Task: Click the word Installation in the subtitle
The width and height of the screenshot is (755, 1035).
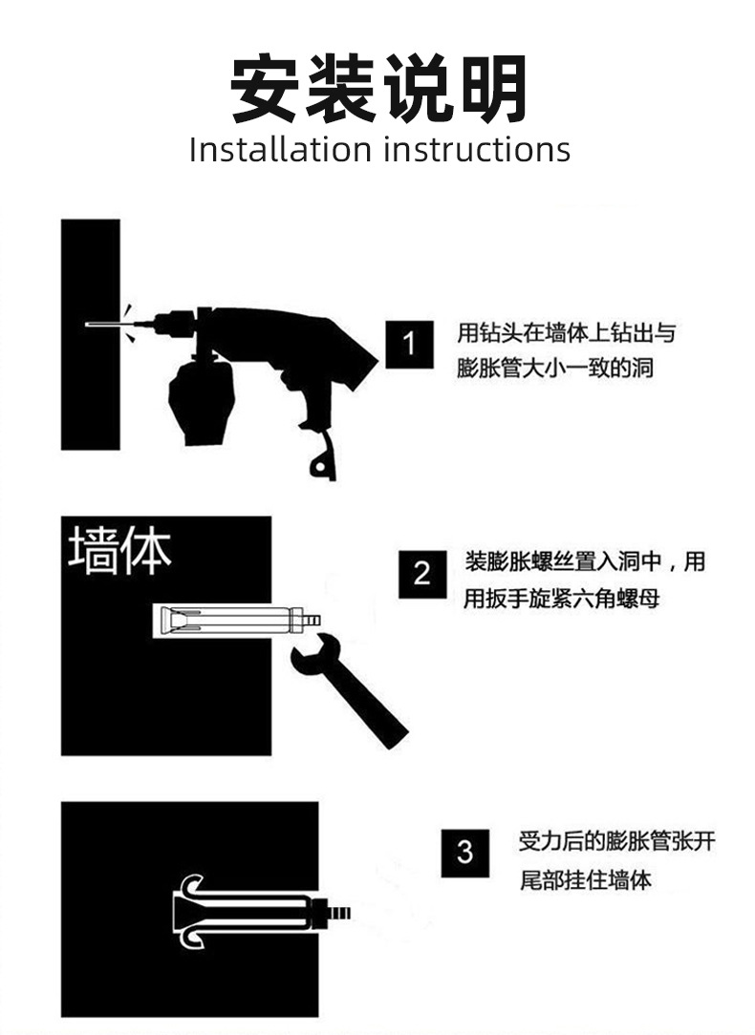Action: [279, 150]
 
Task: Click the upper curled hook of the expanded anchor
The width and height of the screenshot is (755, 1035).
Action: [194, 885]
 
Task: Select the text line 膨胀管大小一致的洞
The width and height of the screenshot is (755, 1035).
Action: [555, 367]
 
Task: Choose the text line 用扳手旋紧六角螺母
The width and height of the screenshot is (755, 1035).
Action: [562, 599]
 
